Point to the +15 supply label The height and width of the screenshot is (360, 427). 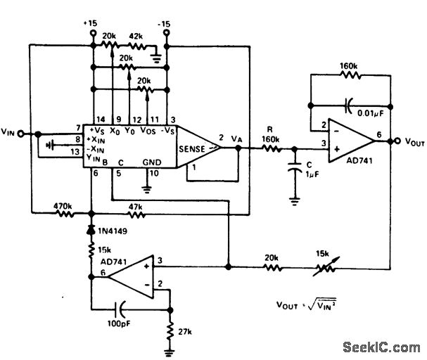pos(92,23)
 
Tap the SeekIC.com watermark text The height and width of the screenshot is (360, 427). pos(381,347)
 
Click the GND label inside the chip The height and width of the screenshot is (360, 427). pos(151,161)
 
